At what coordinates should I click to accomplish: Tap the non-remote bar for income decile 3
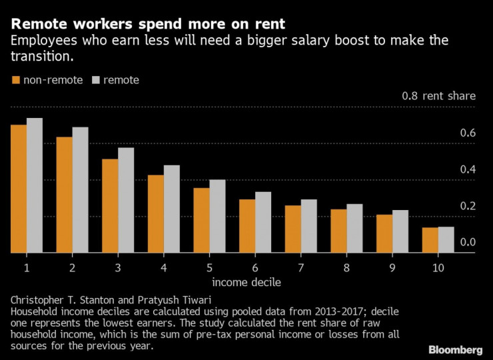(x=110, y=206)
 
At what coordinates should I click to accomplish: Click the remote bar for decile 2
(x=80, y=190)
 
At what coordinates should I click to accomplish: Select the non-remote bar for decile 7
(x=293, y=229)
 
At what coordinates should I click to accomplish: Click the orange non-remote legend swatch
(x=15, y=80)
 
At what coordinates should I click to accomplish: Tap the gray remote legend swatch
(x=96, y=80)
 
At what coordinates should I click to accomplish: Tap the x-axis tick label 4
(x=164, y=267)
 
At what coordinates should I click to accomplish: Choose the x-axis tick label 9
(x=392, y=267)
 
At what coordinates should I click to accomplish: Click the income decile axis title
(x=246, y=282)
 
